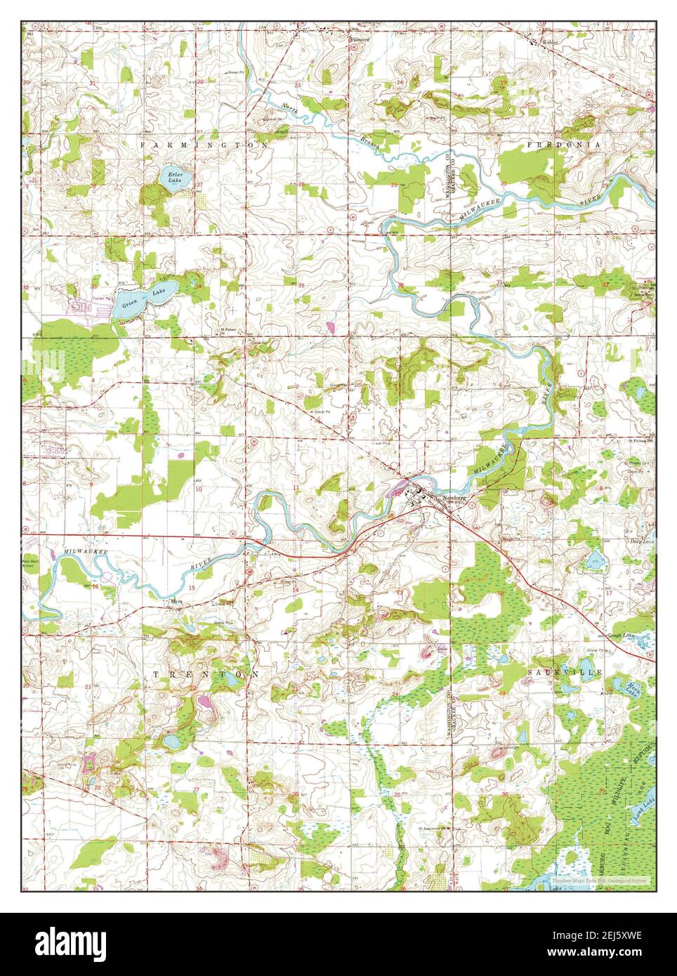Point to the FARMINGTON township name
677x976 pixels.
tap(204, 144)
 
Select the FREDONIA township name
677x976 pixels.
tap(564, 144)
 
